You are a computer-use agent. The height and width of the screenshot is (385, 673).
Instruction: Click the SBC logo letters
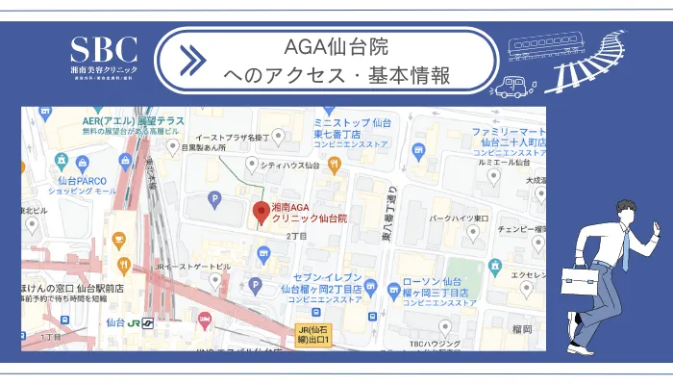click(104, 49)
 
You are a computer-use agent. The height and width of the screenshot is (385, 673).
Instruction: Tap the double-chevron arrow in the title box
click(192, 60)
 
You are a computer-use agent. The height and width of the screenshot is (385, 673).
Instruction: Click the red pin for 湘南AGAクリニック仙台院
click(259, 212)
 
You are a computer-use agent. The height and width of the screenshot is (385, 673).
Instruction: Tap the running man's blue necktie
click(625, 251)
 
